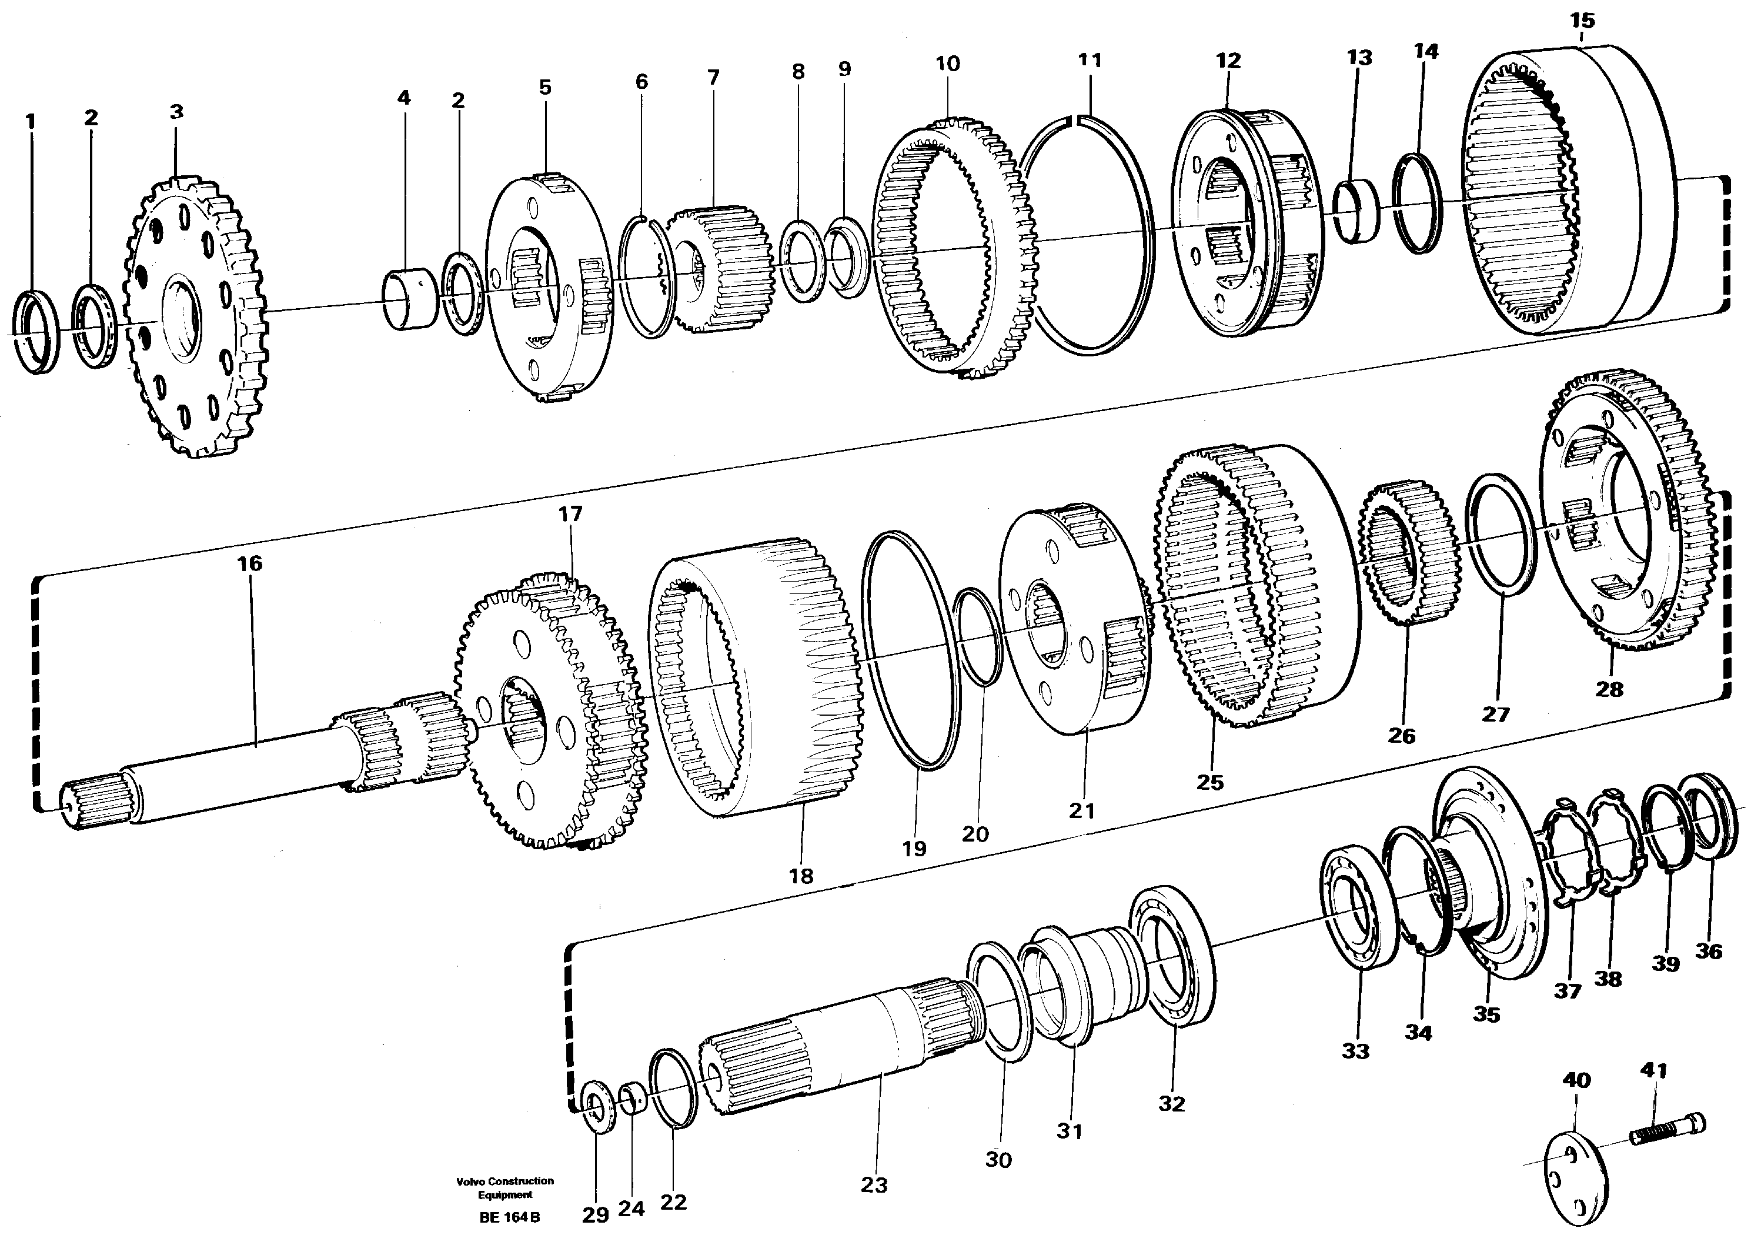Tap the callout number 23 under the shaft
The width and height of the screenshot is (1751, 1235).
874,1184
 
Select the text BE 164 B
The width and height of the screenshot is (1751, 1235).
509,1217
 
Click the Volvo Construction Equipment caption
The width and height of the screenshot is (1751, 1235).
505,1188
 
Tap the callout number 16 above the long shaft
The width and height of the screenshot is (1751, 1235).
249,564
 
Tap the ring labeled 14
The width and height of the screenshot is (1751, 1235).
1418,203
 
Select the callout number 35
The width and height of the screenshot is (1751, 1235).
1486,1014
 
